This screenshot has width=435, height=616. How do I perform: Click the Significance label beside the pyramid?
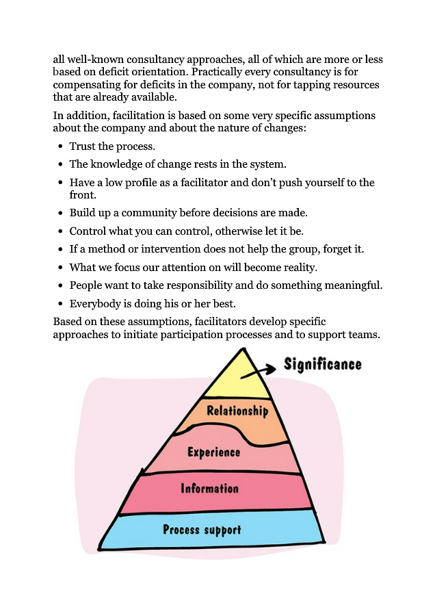pyautogui.click(x=322, y=365)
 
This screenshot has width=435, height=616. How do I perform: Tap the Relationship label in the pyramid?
pyautogui.click(x=237, y=411)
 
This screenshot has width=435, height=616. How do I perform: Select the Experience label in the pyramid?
pyautogui.click(x=214, y=452)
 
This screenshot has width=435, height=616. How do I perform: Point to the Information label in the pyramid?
pyautogui.click(x=210, y=488)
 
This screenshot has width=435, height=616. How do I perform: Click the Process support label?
pyautogui.click(x=202, y=530)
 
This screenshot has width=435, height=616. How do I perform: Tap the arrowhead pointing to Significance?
pyautogui.click(x=271, y=368)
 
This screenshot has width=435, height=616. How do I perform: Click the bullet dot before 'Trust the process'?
pyautogui.click(x=60, y=146)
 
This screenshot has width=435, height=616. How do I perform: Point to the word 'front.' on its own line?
pyautogui.click(x=83, y=195)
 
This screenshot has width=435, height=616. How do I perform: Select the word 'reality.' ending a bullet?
pyautogui.click(x=300, y=268)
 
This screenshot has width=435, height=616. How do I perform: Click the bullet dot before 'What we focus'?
pyautogui.click(x=60, y=268)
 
